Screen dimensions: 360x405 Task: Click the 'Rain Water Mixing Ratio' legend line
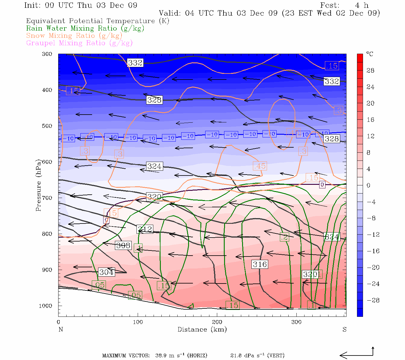(x=85, y=28)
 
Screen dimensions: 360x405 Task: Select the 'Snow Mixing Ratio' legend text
(x=74, y=36)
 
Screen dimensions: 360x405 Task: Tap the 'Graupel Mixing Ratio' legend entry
(x=79, y=43)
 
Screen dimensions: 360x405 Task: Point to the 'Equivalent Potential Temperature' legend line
(x=97, y=21)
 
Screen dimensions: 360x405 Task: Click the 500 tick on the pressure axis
(x=47, y=126)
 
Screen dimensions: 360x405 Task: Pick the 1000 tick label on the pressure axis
(x=46, y=306)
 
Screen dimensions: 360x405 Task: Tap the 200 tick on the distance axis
(x=217, y=322)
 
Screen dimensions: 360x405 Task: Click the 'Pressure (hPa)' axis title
(x=38, y=185)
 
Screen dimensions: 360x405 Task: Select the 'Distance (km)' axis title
(x=202, y=329)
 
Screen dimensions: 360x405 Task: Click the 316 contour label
(x=259, y=264)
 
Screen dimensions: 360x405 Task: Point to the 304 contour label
(x=106, y=272)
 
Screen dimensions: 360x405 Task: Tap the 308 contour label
(x=123, y=245)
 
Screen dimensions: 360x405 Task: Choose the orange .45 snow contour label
(x=259, y=166)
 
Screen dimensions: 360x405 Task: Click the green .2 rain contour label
(x=284, y=237)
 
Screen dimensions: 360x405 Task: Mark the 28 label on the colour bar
(x=370, y=70)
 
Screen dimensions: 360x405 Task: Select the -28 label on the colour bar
(x=373, y=300)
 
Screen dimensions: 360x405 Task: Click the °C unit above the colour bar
(x=370, y=54)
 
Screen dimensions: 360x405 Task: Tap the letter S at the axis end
(x=344, y=329)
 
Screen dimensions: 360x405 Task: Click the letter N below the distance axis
(x=61, y=329)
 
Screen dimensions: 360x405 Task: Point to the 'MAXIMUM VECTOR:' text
(x=126, y=355)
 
